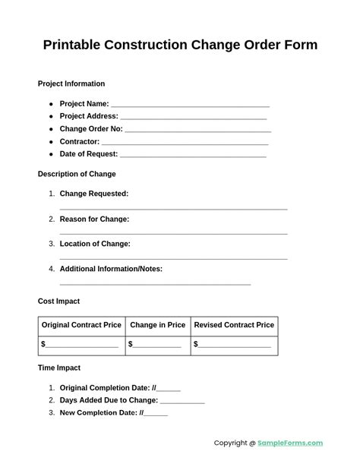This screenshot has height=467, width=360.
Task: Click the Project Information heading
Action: pos(71,84)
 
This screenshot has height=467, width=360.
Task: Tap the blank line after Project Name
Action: pos(190,105)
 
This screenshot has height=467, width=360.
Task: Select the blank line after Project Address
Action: pos(194,117)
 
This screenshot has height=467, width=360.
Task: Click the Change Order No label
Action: pos(90,129)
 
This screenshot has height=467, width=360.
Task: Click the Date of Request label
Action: pos(88,154)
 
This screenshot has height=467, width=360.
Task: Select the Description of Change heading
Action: pos(77,174)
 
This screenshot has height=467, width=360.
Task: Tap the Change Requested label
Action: pos(94,194)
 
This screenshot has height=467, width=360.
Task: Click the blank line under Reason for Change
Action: pos(173,233)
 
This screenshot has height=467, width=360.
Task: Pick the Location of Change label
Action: pos(95,244)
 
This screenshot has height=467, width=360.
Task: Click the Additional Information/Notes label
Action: pos(111,269)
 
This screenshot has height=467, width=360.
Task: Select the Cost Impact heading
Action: pos(58,301)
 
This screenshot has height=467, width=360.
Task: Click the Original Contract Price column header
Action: pos(81,325)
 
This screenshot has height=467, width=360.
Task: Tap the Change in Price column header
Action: pos(158,325)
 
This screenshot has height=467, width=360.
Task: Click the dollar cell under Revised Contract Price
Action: pos(233,344)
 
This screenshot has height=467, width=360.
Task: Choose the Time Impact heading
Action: pos(59,368)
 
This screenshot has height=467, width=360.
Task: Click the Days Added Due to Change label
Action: pos(109,400)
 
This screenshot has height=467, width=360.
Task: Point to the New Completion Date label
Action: pos(99,413)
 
